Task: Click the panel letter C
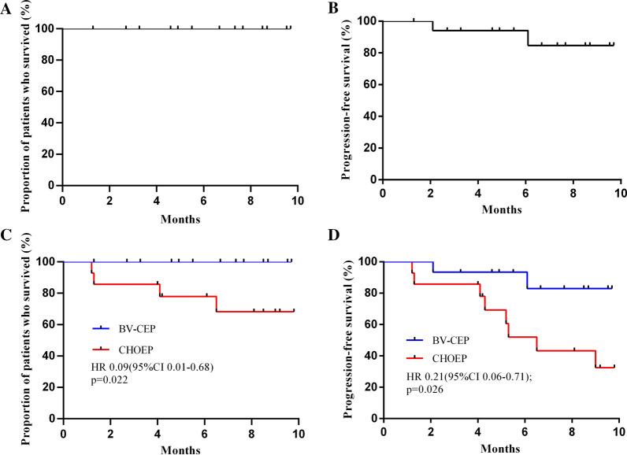[6, 235]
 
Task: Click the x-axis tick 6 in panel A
[203, 200]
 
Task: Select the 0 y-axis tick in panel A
[51, 186]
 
